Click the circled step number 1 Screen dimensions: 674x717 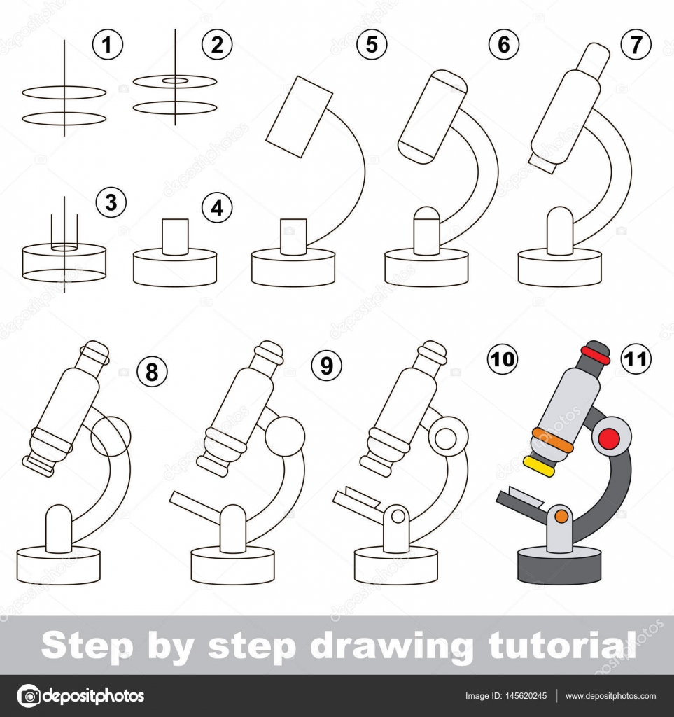107,44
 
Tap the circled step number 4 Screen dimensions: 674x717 217,207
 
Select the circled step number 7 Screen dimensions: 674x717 636,44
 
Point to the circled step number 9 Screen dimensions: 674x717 326,366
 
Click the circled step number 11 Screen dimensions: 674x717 636,359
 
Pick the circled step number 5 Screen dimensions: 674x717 372,44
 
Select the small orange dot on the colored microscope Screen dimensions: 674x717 561,517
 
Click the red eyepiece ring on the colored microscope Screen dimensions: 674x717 596,355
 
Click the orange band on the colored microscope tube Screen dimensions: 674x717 552,440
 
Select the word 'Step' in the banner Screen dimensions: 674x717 87,646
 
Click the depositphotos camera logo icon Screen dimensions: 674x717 29,696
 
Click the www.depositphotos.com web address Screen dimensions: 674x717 610,696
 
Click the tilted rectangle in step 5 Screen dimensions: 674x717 300,117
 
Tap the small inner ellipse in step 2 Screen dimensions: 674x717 175,81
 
